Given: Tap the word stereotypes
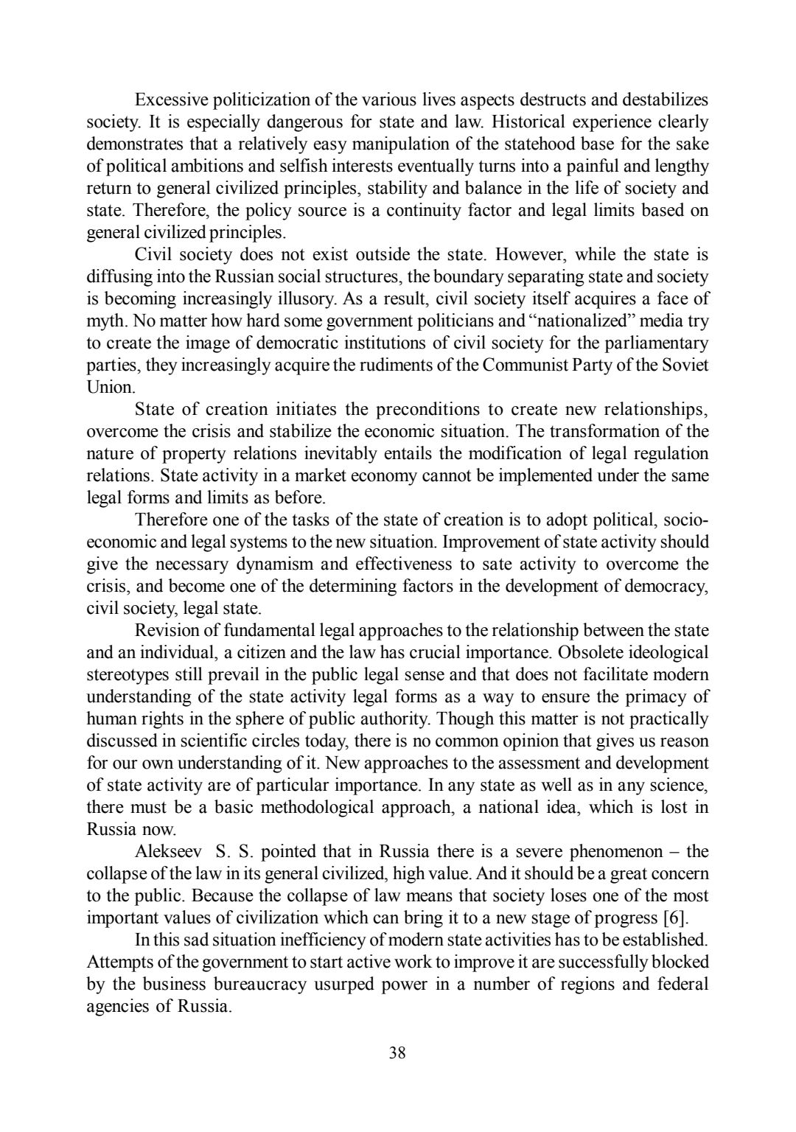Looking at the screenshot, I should pyautogui.click(x=128, y=675).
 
